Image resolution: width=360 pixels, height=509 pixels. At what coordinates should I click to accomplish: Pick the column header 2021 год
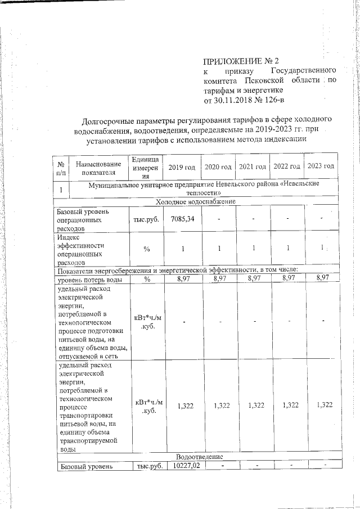point(253,166)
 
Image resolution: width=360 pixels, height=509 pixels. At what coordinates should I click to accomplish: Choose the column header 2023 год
point(321,166)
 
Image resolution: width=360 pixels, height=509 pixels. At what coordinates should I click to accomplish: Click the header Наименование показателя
point(97,167)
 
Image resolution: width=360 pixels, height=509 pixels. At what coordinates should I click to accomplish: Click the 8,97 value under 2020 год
point(218,278)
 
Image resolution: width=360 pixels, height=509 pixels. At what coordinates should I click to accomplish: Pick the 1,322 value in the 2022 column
point(287,405)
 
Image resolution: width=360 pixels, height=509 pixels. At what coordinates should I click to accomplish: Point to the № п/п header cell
point(60,167)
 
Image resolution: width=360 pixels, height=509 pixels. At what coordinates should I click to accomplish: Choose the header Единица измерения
point(146,167)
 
